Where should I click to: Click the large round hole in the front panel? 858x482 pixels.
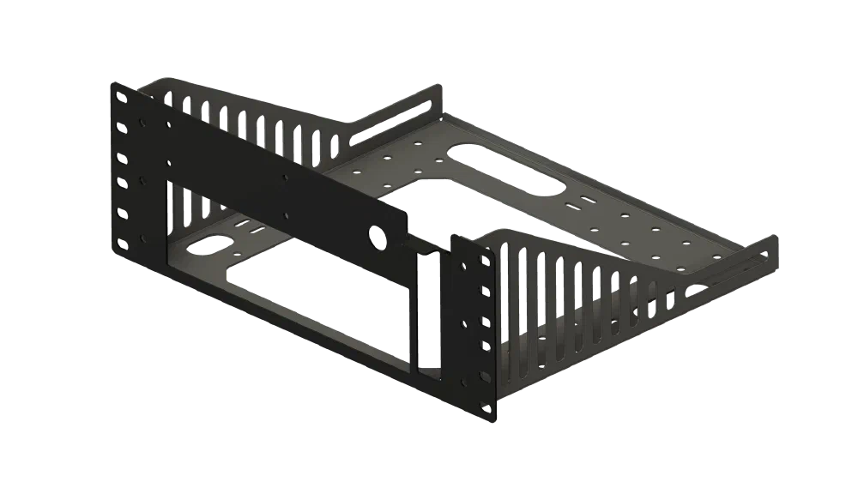[375, 234]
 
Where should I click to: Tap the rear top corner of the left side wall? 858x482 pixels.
[441, 85]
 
